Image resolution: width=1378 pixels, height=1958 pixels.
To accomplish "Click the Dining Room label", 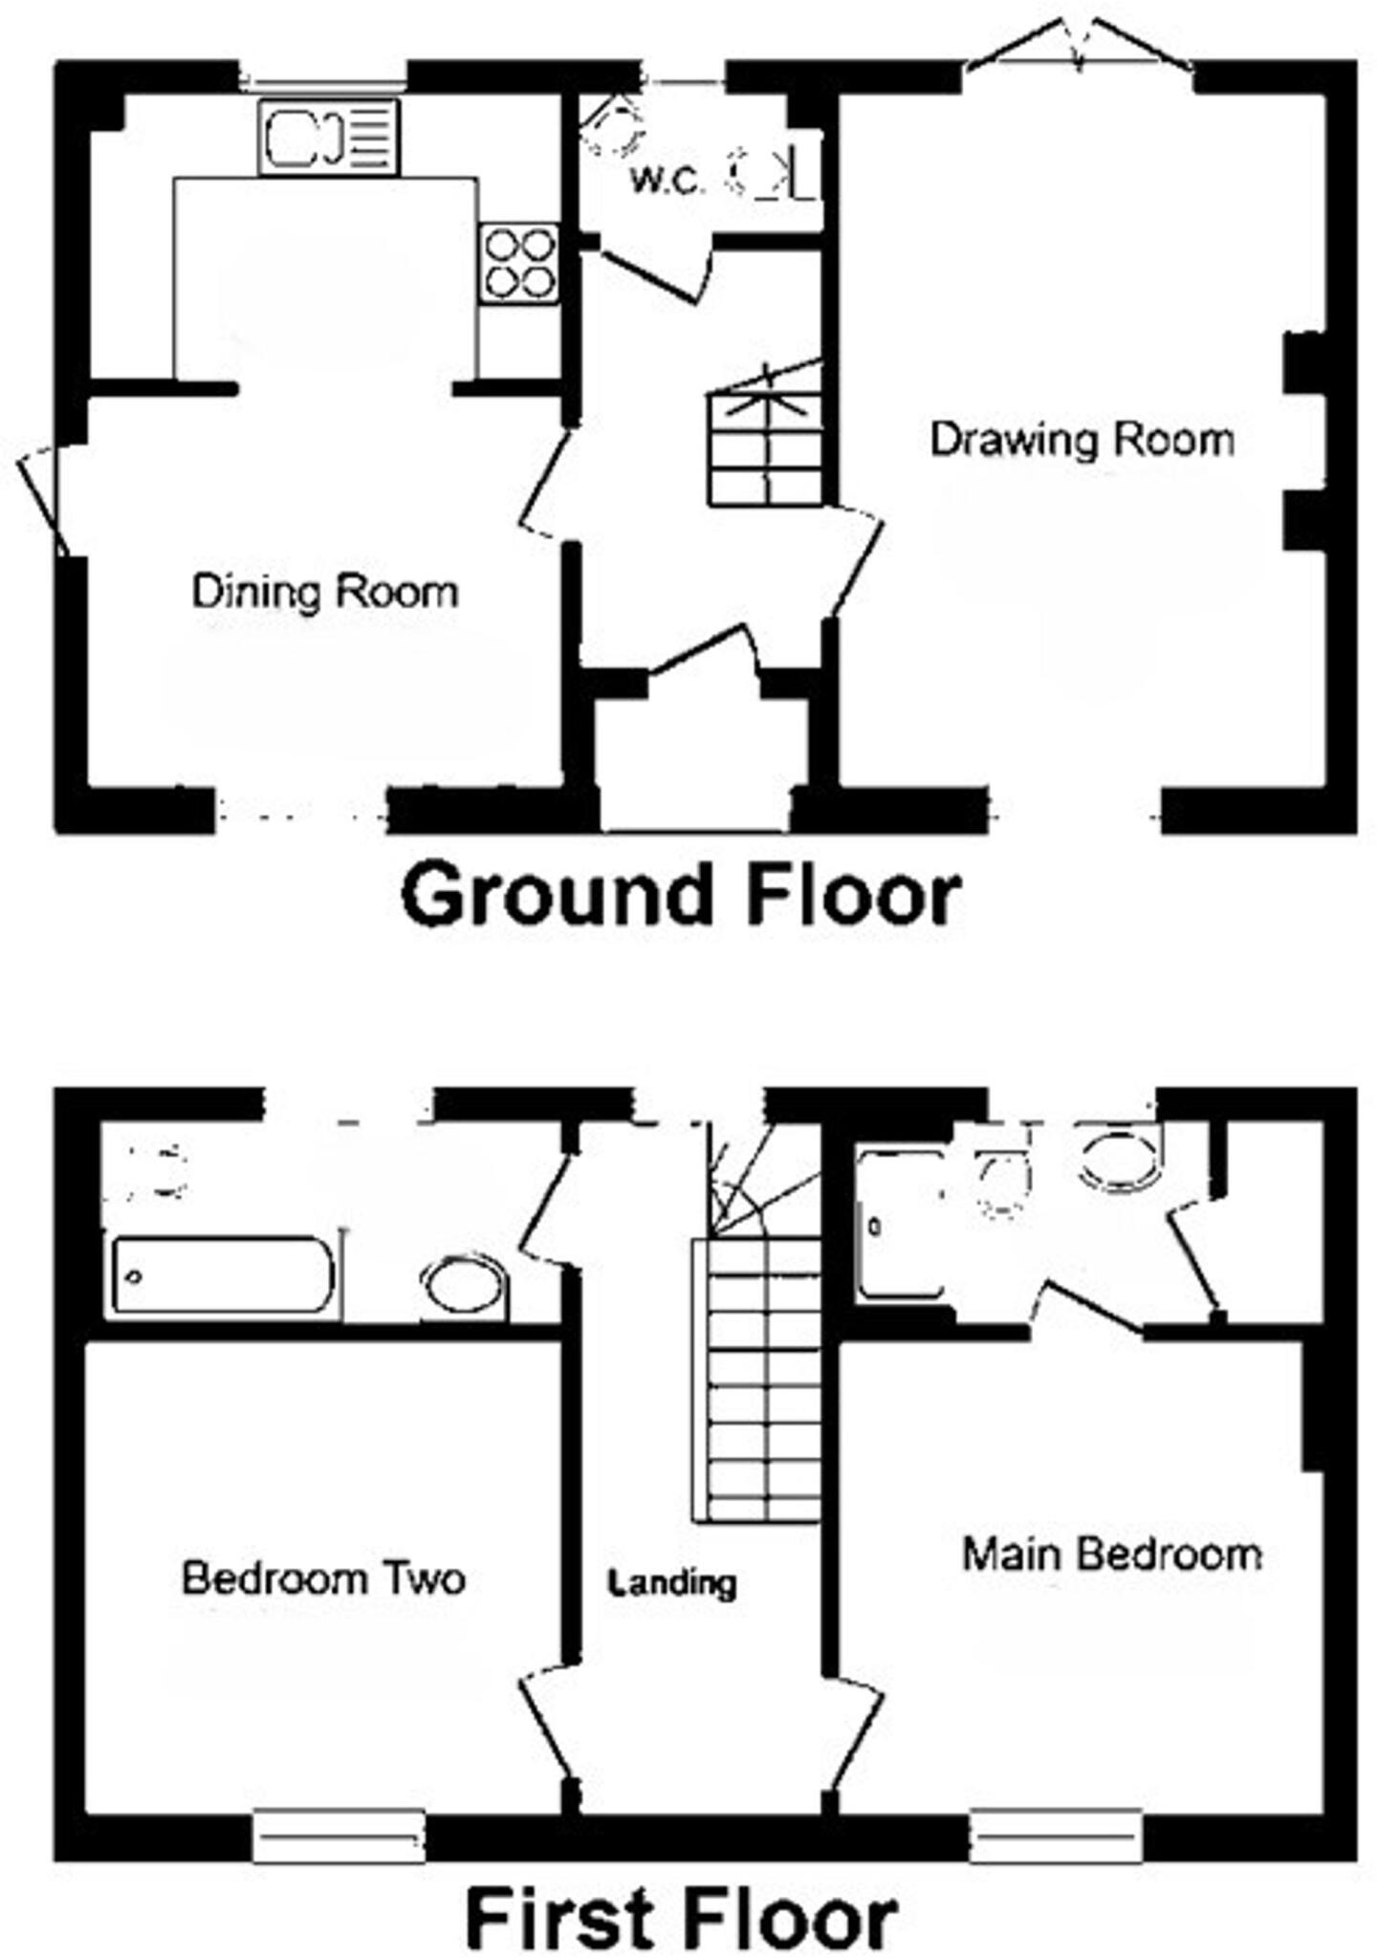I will coord(325,592).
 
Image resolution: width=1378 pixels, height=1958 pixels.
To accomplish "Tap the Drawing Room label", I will coord(1082,440).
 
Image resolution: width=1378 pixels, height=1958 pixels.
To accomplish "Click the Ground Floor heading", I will coord(681,894).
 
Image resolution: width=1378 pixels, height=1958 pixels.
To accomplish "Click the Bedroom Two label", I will coord(323,1578).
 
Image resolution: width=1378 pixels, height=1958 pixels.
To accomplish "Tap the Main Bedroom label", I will coord(1111,1555).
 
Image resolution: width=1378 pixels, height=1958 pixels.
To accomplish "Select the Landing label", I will coord(673,1583).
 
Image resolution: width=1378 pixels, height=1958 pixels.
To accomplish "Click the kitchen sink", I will coord(328,138).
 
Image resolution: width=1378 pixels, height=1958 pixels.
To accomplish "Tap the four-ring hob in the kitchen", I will coord(519,263).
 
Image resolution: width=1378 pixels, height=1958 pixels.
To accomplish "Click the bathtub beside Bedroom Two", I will coord(223,1274).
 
